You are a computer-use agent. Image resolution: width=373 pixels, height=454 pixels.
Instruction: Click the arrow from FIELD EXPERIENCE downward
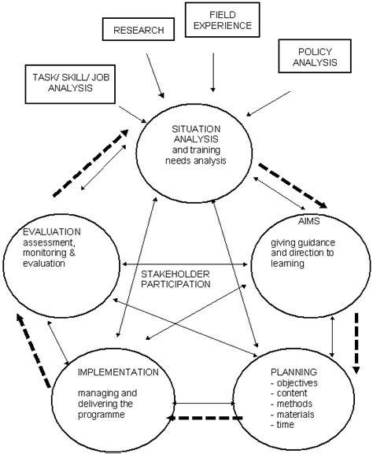[x=213, y=72]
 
